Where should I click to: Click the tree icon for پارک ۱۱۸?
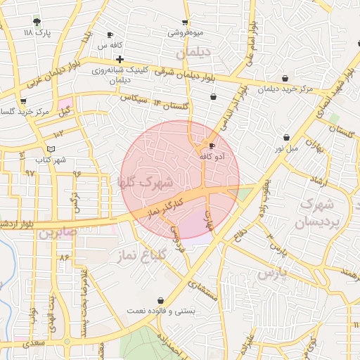(37, 22)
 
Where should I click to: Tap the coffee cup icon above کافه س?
(110, 35)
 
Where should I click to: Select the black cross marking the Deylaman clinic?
(120, 59)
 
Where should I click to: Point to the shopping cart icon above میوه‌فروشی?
(185, 23)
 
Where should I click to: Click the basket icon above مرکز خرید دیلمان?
(285, 78)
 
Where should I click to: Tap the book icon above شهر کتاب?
(50, 149)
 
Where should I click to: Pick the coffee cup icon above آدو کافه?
(212, 146)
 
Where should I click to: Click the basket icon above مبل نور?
(286, 137)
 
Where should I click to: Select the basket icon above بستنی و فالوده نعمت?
(160, 300)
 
